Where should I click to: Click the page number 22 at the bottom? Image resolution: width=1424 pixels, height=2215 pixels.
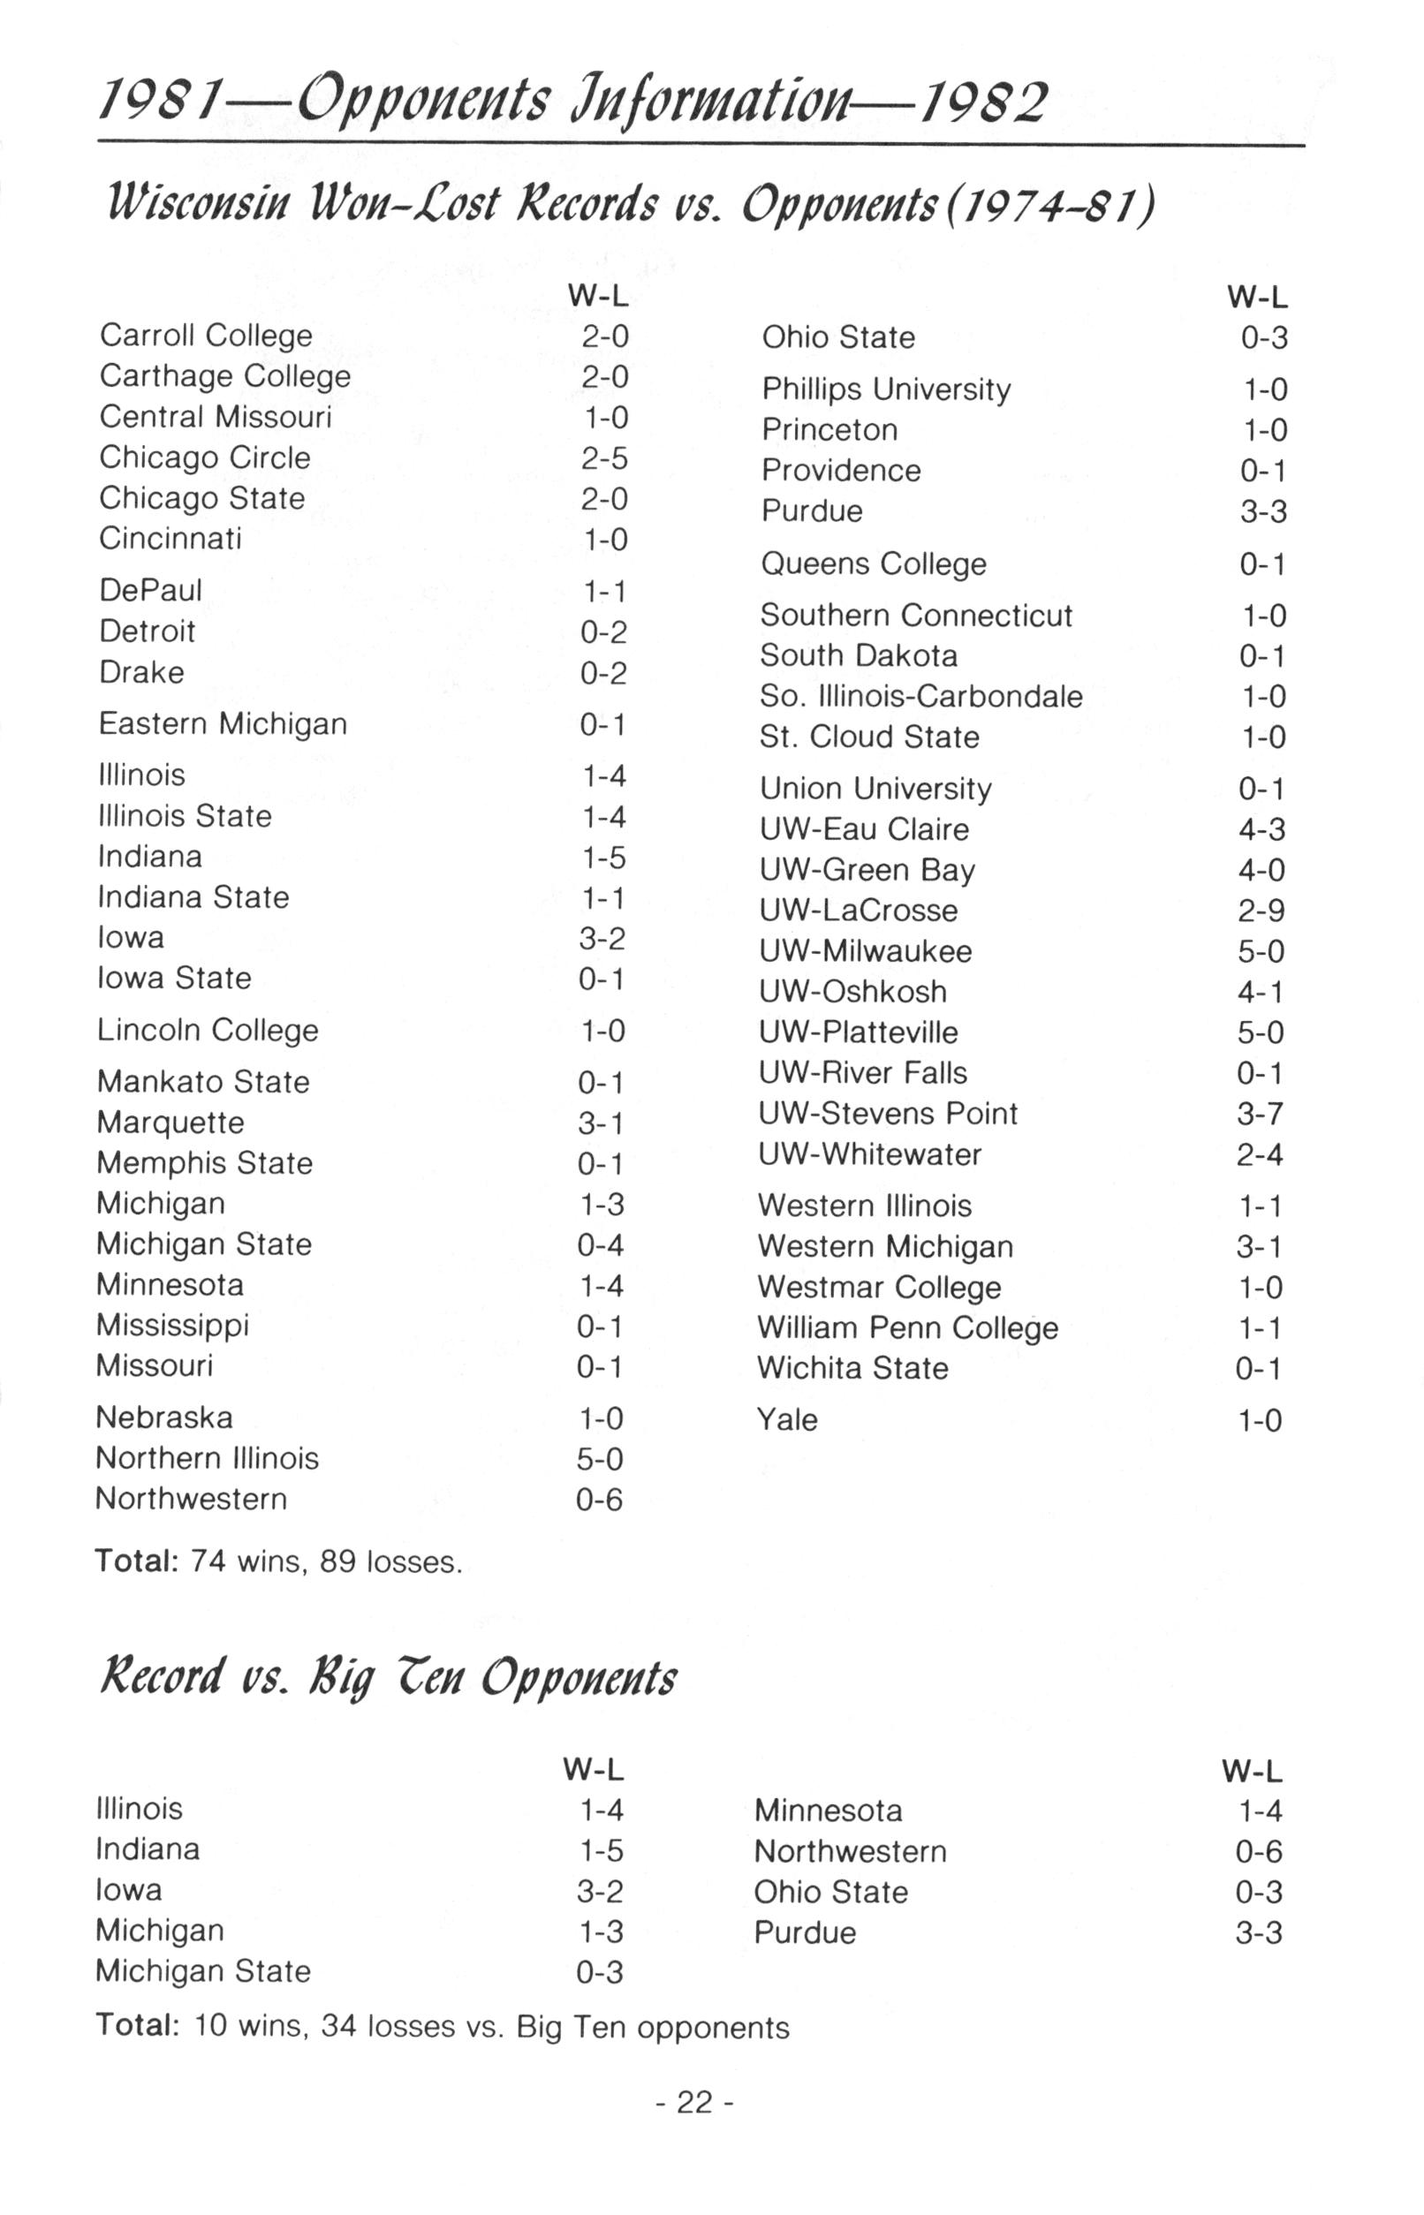[694, 2102]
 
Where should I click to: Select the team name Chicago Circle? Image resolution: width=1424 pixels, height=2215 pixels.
[204, 457]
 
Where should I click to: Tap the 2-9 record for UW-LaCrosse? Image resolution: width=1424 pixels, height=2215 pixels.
[1261, 911]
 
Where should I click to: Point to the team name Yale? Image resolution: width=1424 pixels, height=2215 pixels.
[787, 1419]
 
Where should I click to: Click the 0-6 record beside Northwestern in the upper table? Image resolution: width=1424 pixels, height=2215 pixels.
[600, 1500]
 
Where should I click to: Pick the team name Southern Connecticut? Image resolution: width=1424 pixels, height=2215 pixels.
[915, 616]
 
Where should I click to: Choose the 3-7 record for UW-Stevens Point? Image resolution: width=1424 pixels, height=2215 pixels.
[1261, 1114]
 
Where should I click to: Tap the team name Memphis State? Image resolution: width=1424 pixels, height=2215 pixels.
[204, 1163]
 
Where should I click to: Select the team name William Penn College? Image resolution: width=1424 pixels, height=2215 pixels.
[907, 1328]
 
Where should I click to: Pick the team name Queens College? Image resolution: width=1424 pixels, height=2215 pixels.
[873, 564]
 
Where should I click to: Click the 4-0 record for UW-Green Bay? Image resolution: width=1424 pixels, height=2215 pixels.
[1262, 871]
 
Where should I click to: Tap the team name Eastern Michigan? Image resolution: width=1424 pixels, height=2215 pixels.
[223, 724]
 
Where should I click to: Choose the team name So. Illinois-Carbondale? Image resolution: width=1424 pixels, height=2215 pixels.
[921, 696]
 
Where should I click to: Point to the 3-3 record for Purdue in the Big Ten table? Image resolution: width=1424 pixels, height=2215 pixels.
[1259, 1933]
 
